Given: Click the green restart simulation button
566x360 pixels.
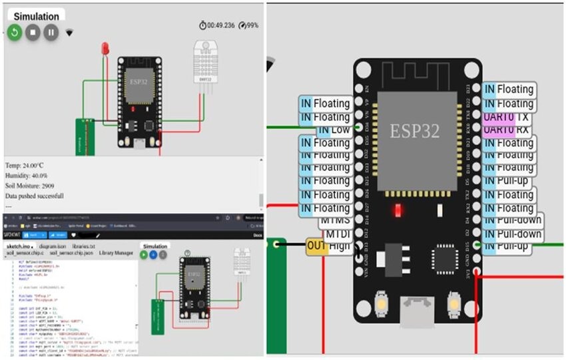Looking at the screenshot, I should [x=15, y=32].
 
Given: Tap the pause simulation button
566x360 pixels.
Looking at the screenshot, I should [x=51, y=32].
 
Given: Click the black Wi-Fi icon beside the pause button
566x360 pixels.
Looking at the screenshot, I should [x=69, y=32].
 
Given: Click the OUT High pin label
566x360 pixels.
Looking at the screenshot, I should [x=328, y=246].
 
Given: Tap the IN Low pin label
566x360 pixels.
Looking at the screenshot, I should [x=333, y=129].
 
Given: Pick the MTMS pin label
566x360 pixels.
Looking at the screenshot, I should [x=335, y=220].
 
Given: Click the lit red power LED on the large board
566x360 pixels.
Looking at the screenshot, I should [x=398, y=211].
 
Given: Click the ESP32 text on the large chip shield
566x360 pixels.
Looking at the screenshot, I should [x=415, y=131].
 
